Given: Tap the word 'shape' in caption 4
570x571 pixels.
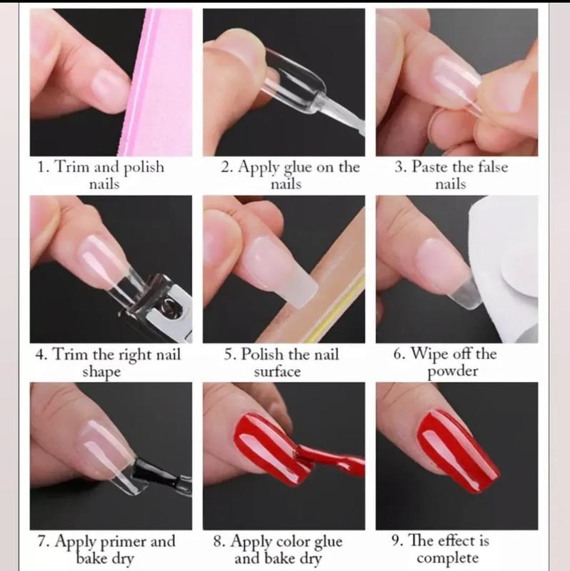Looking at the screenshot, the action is coord(101,372).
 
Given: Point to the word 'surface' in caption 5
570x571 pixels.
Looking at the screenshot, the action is coord(277,371).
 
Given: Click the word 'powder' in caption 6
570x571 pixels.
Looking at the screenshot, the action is coord(453,371).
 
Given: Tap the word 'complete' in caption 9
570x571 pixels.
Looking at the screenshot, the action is coord(448,558).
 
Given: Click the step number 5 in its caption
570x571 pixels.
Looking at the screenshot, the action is coord(229,354).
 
